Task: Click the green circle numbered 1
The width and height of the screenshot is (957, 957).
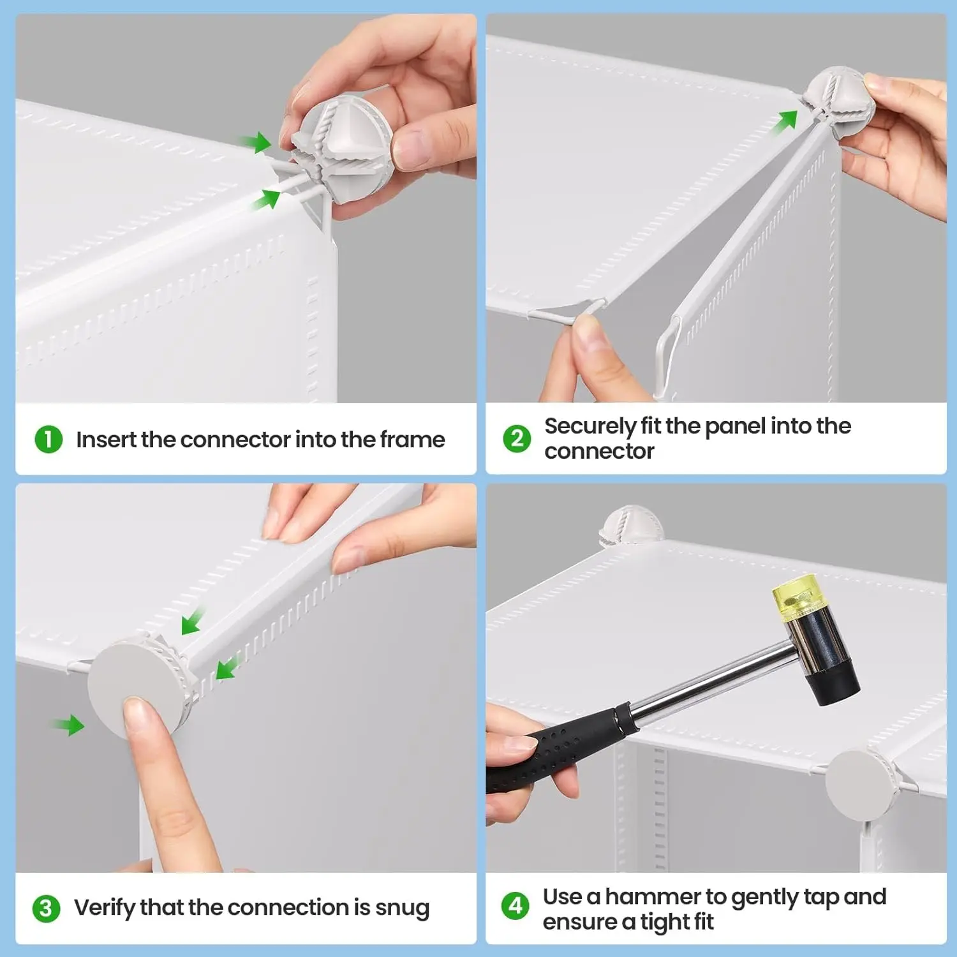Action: click(x=48, y=440)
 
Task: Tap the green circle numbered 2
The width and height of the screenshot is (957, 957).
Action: click(x=517, y=439)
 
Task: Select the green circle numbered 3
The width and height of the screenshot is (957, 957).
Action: click(x=46, y=909)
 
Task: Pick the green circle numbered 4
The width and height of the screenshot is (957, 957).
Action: click(x=515, y=906)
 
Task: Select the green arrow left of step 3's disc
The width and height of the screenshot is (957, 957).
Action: click(x=68, y=725)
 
